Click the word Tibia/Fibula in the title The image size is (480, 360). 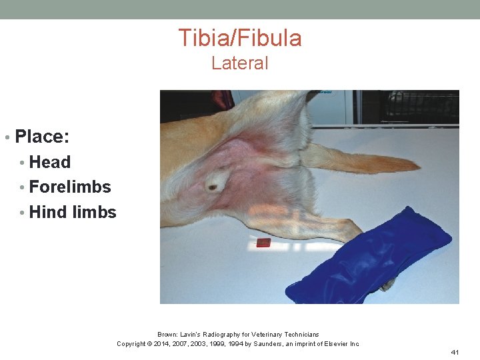point(239,38)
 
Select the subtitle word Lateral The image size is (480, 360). point(239,63)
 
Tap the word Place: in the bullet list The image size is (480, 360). point(42,137)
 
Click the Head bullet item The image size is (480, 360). point(50,162)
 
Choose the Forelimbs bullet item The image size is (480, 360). point(70,187)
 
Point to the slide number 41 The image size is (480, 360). point(456,352)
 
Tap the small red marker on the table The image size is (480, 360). point(263,243)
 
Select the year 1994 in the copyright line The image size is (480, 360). point(233,344)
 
